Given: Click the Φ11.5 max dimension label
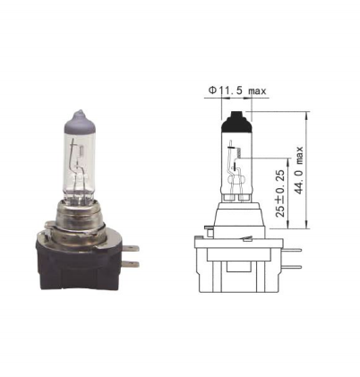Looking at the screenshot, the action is point(237,90).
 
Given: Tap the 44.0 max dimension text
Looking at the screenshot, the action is point(299,170).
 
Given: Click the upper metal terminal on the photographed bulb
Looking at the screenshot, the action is point(133,248).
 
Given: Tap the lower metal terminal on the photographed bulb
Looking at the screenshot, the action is point(133,264).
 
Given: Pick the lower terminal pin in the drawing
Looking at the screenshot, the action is point(292,267).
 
